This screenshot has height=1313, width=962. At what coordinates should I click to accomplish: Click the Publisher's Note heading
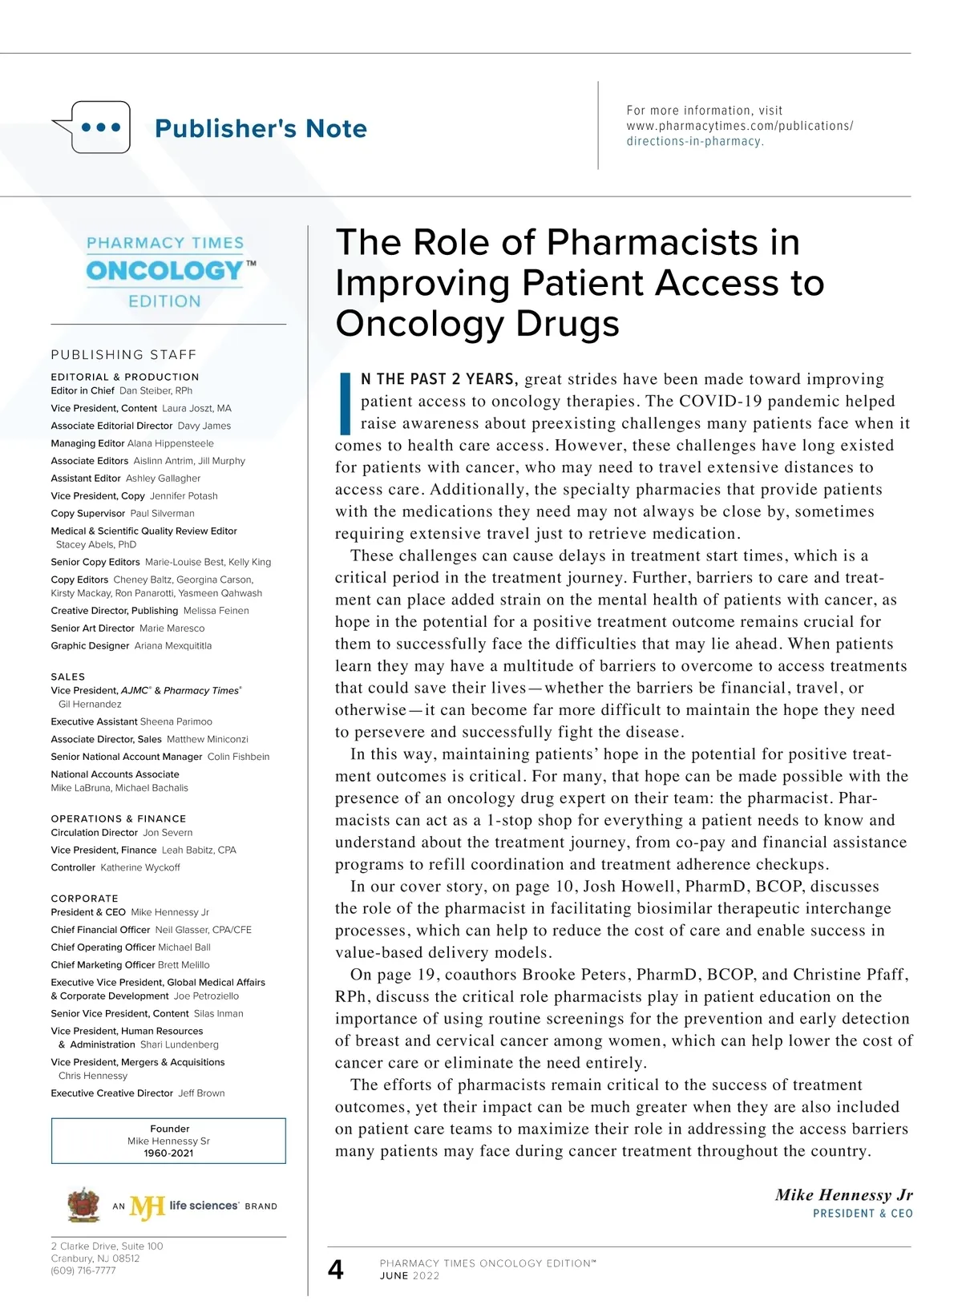pyautogui.click(x=261, y=128)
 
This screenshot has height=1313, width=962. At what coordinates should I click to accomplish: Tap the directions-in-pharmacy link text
pyautogui.click(x=694, y=141)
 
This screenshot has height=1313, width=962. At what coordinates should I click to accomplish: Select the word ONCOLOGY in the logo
pyautogui.click(x=165, y=271)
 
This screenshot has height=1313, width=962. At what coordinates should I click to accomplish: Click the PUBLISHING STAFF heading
pyautogui.click(x=123, y=354)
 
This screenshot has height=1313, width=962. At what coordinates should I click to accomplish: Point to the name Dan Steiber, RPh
pyautogui.click(x=156, y=391)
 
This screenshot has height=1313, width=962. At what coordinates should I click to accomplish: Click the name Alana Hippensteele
pyautogui.click(x=171, y=443)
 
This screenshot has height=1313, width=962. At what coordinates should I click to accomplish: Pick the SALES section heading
pyautogui.click(x=68, y=677)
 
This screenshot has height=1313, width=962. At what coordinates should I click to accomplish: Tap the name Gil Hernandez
pyautogui.click(x=90, y=705)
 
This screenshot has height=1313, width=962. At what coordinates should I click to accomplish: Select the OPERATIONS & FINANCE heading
pyautogui.click(x=119, y=818)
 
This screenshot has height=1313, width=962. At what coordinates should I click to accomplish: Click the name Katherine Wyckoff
pyautogui.click(x=140, y=867)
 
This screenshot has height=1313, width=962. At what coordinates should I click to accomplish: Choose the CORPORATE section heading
pyautogui.click(x=84, y=899)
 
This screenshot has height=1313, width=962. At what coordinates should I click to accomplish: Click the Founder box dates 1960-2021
pyautogui.click(x=168, y=1153)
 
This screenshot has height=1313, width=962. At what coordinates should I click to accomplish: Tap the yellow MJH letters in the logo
pyautogui.click(x=148, y=1206)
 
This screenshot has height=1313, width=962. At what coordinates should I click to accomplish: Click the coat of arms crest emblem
pyautogui.click(x=83, y=1205)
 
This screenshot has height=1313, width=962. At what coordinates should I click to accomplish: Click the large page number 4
pyautogui.click(x=336, y=1269)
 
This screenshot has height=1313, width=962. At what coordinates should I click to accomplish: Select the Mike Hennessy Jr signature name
pyautogui.click(x=843, y=1195)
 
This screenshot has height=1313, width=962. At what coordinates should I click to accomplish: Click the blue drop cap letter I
pyautogui.click(x=346, y=402)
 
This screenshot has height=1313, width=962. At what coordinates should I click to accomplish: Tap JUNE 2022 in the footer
pyautogui.click(x=410, y=1276)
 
